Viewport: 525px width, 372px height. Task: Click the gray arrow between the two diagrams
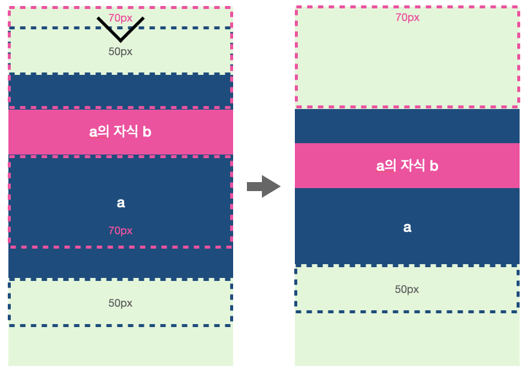[x=264, y=186]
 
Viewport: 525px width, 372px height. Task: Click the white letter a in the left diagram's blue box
[x=120, y=203]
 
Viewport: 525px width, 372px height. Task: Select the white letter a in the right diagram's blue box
[x=407, y=228]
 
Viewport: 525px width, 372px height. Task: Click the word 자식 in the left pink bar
[x=123, y=132]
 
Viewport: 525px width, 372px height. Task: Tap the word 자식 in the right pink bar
[x=411, y=166]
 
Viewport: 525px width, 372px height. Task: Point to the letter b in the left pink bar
[x=147, y=132]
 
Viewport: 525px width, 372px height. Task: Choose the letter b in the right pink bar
[x=434, y=166]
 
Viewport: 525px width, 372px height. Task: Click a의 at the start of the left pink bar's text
[x=98, y=132]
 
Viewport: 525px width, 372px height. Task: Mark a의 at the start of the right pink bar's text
[x=385, y=166]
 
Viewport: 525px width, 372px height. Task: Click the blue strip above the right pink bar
[x=407, y=126]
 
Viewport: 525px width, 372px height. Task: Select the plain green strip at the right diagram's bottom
[x=407, y=339]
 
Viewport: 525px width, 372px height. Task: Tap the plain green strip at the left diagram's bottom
[x=120, y=346]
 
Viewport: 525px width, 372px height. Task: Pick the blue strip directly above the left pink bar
[x=120, y=90]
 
